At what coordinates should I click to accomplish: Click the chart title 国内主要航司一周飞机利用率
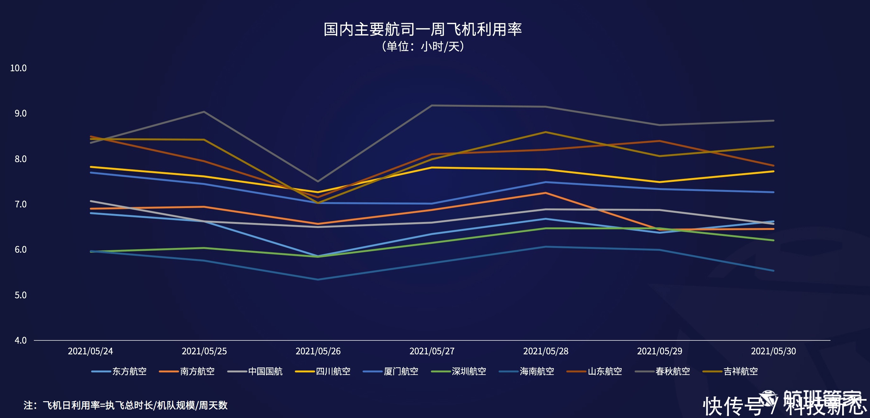pyautogui.click(x=423, y=29)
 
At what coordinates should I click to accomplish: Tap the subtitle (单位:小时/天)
pyautogui.click(x=423, y=46)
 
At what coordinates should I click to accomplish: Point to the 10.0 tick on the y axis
pyautogui.click(x=18, y=68)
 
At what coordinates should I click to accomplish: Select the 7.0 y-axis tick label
pyautogui.click(x=20, y=204)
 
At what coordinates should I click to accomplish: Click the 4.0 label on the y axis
pyautogui.click(x=20, y=340)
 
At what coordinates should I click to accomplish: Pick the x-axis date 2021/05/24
pyautogui.click(x=90, y=351)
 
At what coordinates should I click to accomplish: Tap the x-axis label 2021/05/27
pyautogui.click(x=432, y=351)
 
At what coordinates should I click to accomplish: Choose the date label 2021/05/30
pyautogui.click(x=773, y=351)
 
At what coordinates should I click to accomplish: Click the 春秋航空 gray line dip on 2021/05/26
pyautogui.click(x=318, y=181)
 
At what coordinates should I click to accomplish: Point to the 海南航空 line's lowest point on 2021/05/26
pyautogui.click(x=318, y=279)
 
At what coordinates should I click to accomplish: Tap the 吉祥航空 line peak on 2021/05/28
pyautogui.click(x=546, y=132)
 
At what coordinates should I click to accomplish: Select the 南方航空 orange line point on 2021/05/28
pyautogui.click(x=546, y=193)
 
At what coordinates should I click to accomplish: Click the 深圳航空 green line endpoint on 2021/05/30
pyautogui.click(x=773, y=240)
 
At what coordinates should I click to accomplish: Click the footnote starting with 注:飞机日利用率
pyautogui.click(x=126, y=405)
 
